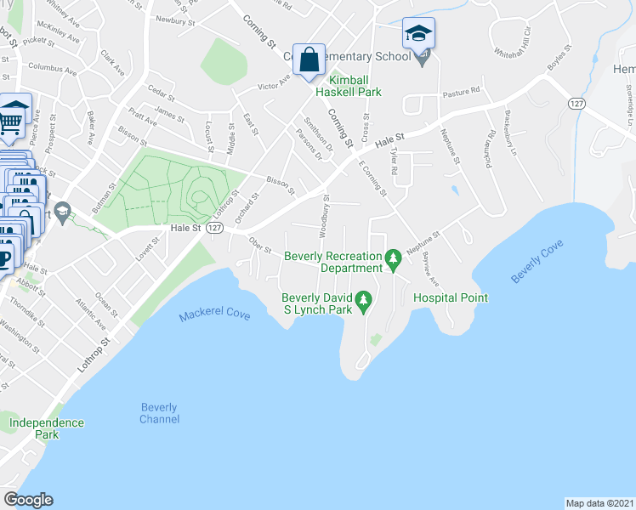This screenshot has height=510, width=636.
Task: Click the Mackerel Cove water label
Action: click(214, 315)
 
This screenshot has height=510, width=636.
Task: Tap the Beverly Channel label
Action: click(160, 413)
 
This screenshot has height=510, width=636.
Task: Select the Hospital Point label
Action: click(451, 297)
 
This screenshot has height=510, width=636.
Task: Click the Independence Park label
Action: click(47, 428)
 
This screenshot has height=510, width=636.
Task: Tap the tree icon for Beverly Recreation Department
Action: click(393, 257)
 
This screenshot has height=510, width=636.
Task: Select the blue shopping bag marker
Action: click(309, 59)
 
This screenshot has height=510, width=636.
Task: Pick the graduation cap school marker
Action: click(418, 34)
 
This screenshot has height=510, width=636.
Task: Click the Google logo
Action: click(28, 500)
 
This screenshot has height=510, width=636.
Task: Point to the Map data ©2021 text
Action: click(599, 503)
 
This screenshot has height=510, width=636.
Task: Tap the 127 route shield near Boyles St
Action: click(576, 103)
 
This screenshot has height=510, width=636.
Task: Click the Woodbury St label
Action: click(324, 215)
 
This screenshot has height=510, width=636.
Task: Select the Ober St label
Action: click(259, 245)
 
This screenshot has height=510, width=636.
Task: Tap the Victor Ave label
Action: click(274, 82)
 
